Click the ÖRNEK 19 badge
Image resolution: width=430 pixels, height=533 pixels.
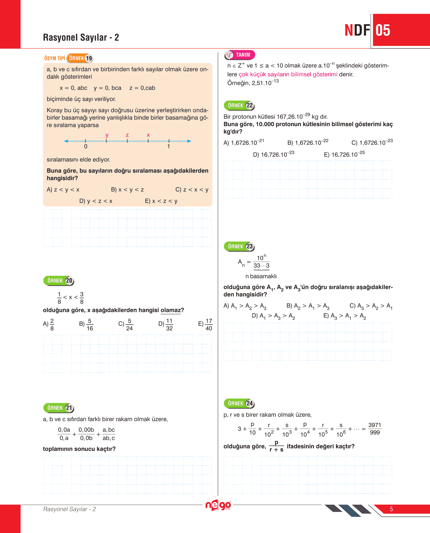tap(80, 58)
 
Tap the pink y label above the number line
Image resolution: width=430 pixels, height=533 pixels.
tap(107, 135)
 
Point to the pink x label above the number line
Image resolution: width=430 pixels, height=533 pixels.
tap(148, 135)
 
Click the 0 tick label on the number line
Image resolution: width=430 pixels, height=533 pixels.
tap(86, 147)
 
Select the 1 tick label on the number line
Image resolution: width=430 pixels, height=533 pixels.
tap(169, 147)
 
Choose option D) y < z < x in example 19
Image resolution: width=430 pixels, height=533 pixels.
tap(96, 201)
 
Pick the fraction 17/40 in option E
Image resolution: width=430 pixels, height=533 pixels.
tap(209, 324)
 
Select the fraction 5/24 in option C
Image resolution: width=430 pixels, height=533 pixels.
tap(129, 324)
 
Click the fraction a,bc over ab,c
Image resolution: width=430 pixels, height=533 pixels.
tap(109, 434)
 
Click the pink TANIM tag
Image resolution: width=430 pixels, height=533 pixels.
tap(240, 55)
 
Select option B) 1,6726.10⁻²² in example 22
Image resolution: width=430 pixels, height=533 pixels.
tap(308, 143)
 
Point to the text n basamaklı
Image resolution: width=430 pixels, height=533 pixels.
tap(261, 276)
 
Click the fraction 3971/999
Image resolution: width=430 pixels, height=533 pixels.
tap(375, 429)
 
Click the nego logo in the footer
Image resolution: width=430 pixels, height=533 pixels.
tap(218, 505)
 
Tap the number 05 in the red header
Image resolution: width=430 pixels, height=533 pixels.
tap(383, 30)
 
